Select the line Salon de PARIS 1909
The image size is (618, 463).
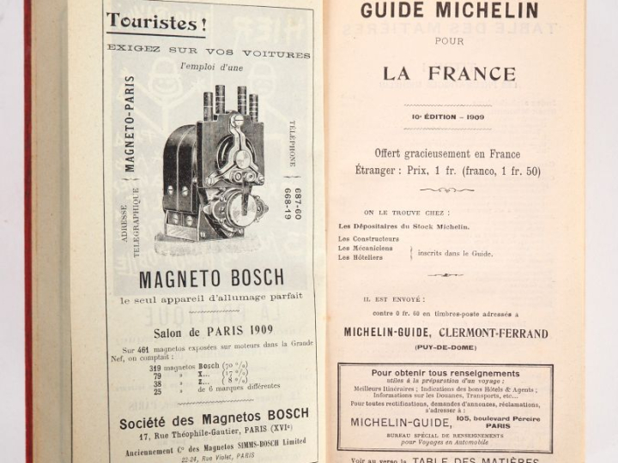[213, 330]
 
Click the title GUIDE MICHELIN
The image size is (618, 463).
[449, 11]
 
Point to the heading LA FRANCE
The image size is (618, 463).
[449, 74]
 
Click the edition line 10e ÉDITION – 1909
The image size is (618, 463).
[450, 117]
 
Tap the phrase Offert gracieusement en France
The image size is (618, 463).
[447, 153]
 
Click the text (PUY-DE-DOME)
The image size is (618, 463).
[446, 347]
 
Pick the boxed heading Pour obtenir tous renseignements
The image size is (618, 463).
[445, 374]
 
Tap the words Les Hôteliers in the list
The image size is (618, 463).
[356, 257]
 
